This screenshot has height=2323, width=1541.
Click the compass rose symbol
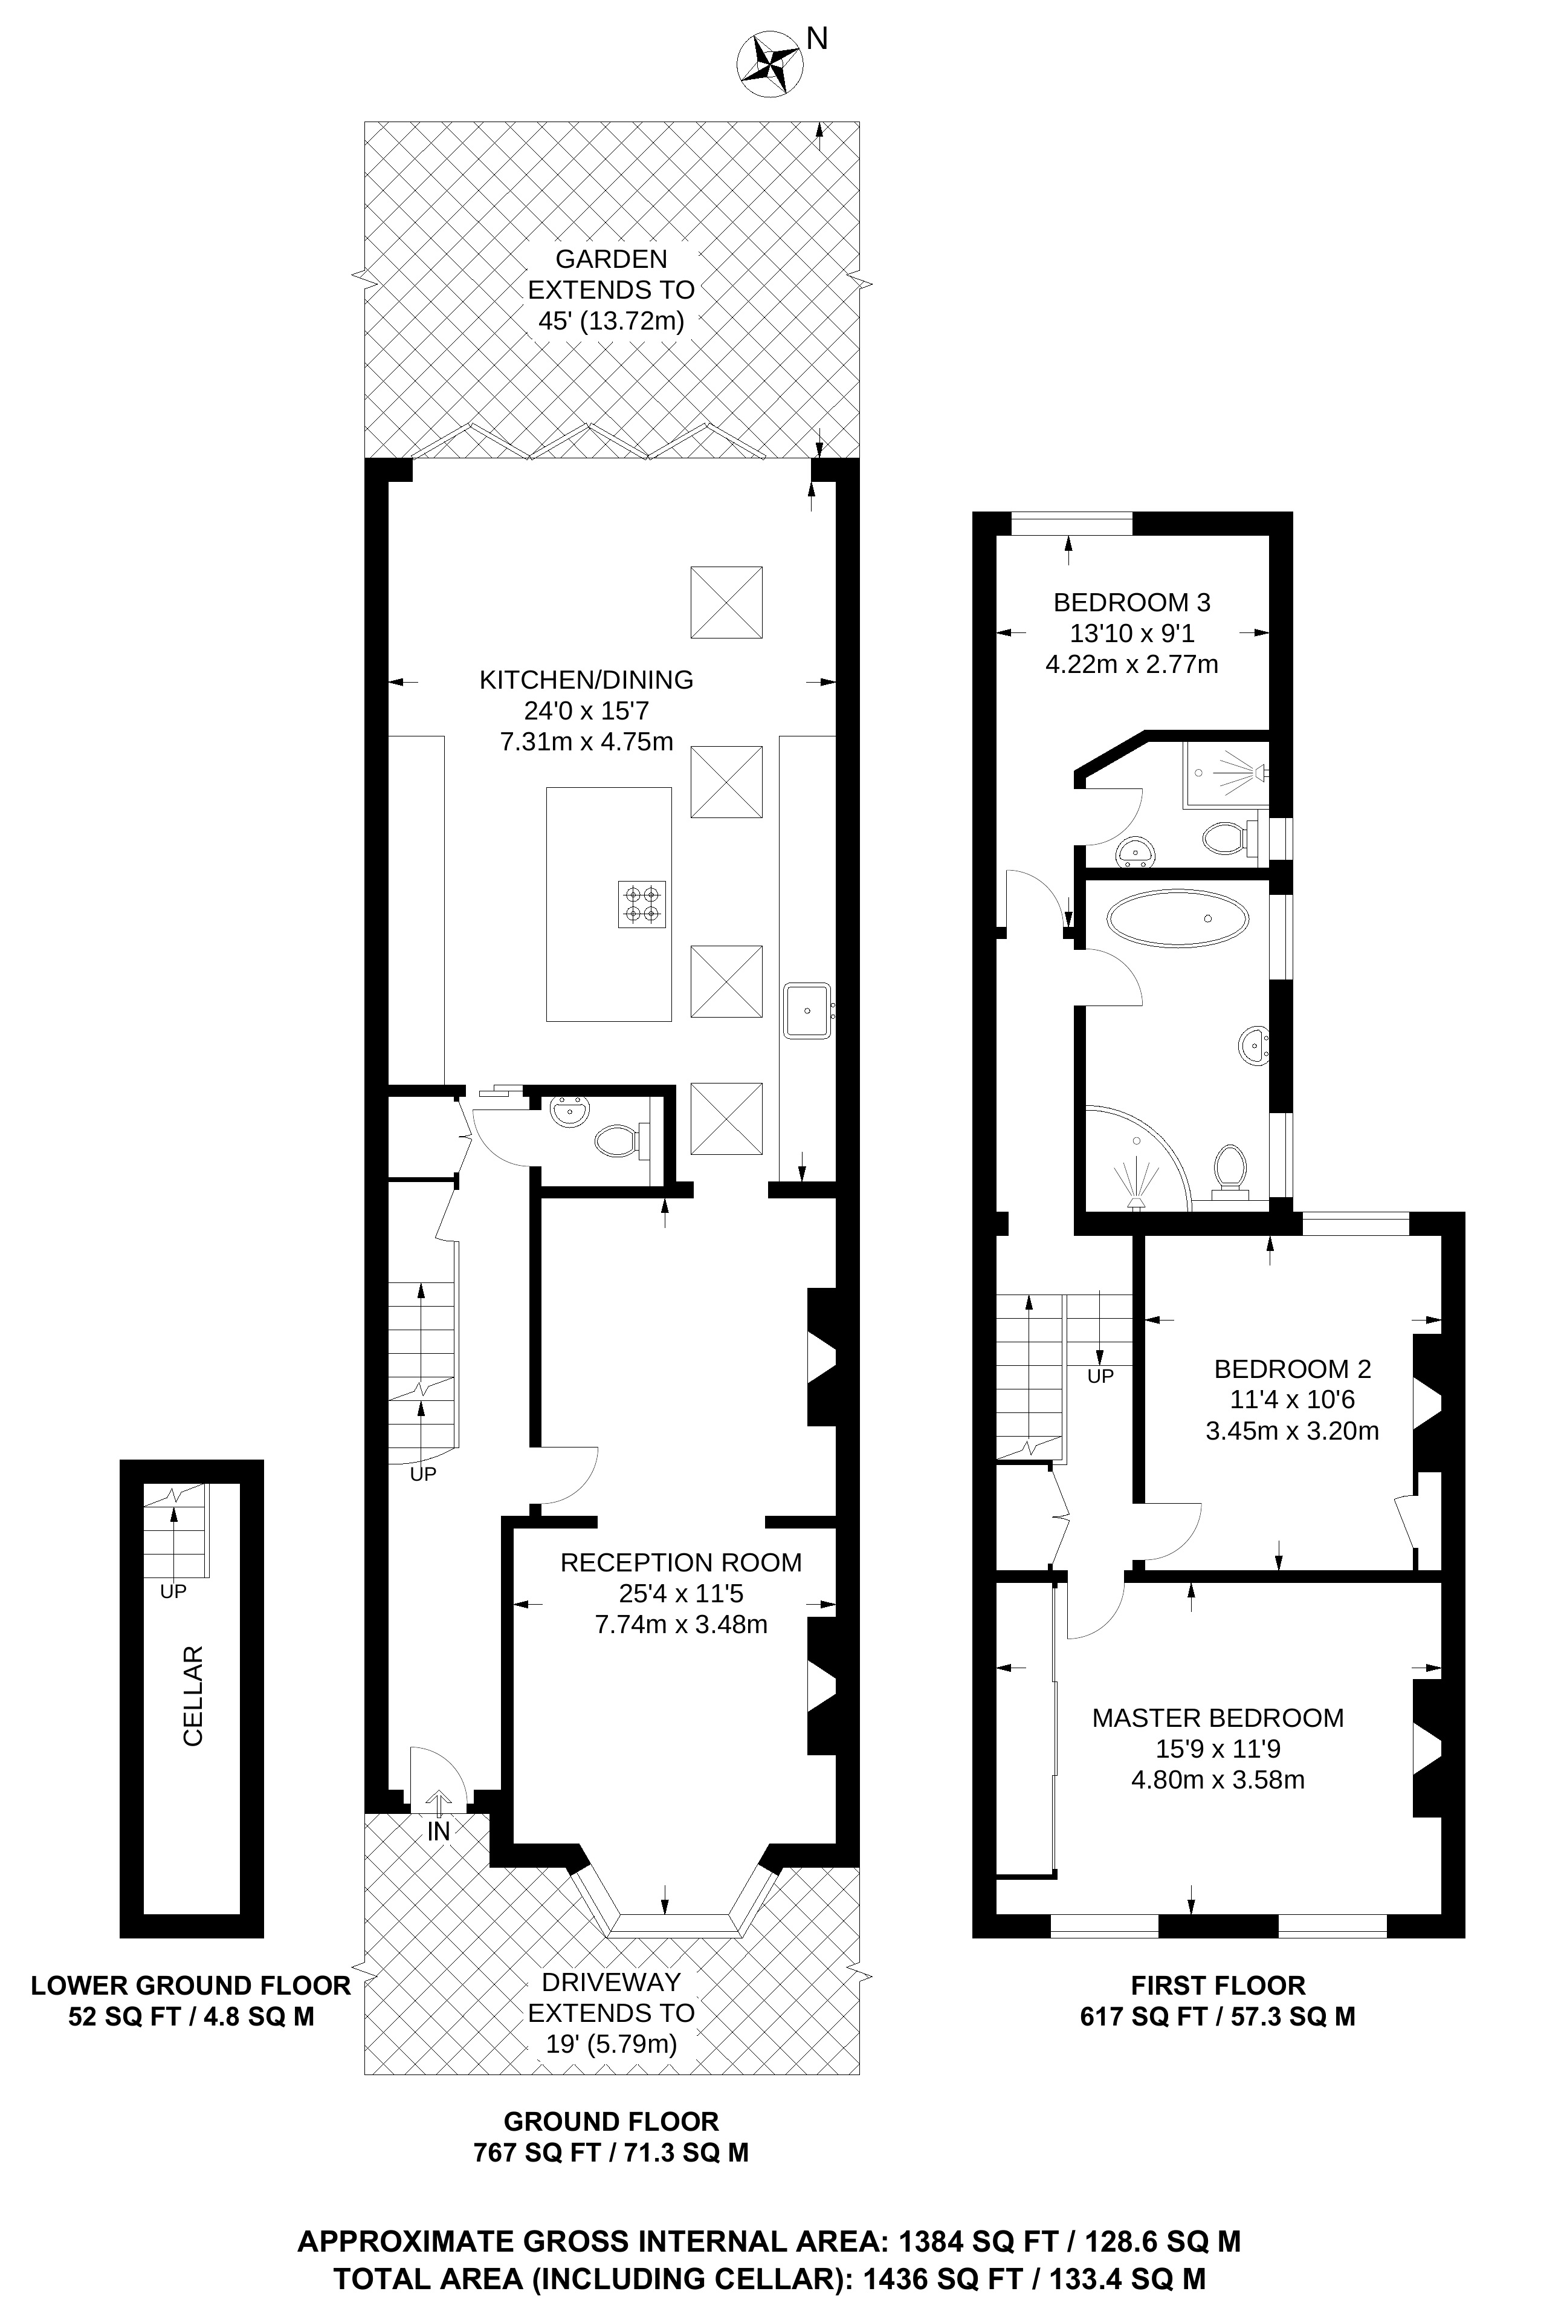tap(767, 65)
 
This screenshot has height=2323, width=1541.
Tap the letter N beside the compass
tap(816, 38)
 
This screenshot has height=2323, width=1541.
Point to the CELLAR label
tap(193, 1696)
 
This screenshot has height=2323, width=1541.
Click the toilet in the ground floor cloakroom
tap(616, 1140)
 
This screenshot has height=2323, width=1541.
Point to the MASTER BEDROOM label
tap(1218, 1717)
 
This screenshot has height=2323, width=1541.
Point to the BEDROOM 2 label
tap(1291, 1368)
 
